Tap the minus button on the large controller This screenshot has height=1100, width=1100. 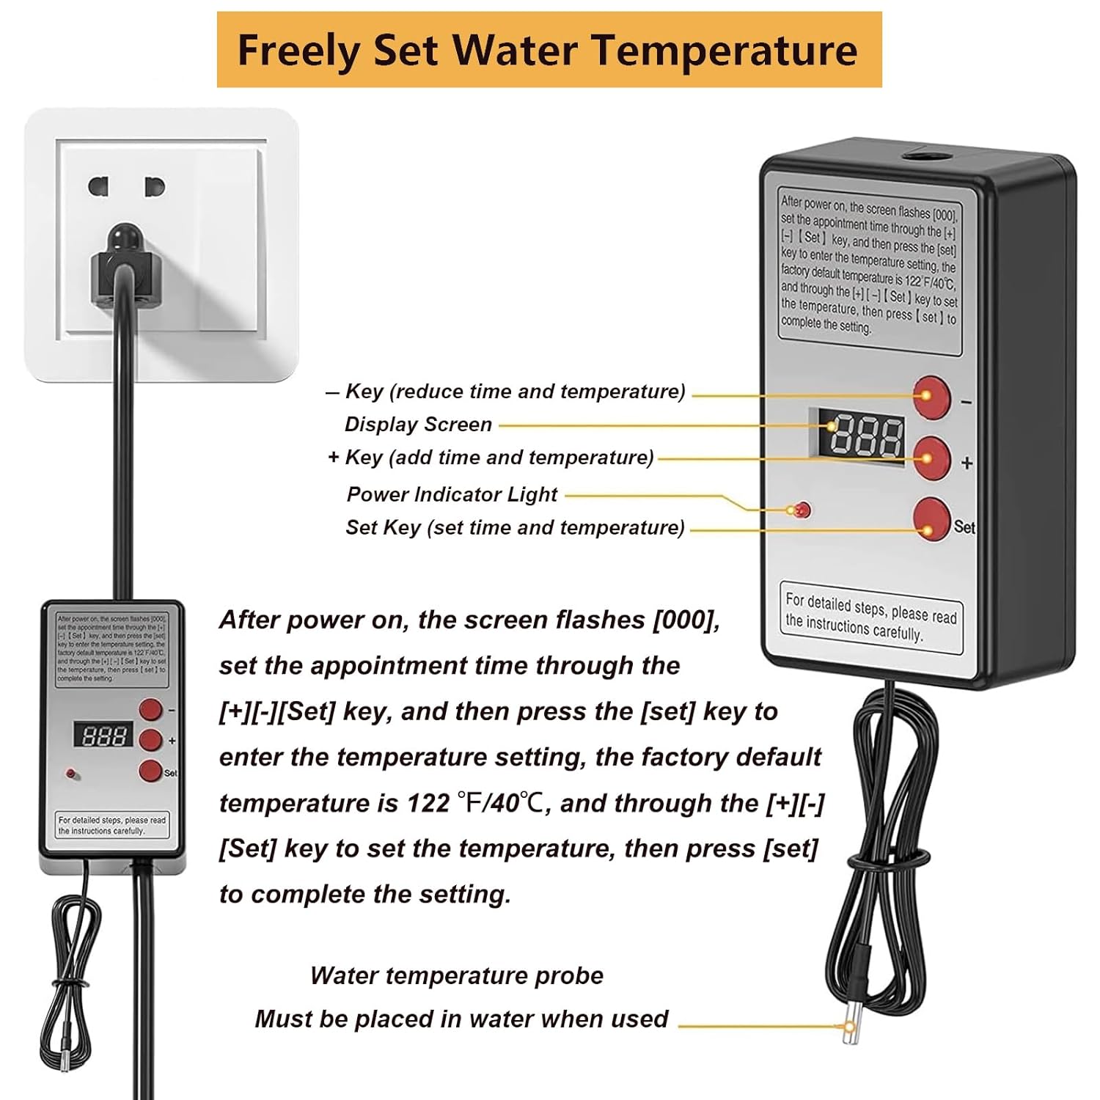(932, 398)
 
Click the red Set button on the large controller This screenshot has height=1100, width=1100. (932, 520)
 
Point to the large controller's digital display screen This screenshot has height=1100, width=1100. (866, 436)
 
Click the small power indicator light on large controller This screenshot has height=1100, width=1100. (802, 510)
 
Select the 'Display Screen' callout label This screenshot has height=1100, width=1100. (418, 425)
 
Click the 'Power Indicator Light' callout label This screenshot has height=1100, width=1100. (452, 494)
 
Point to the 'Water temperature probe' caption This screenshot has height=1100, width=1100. (456, 975)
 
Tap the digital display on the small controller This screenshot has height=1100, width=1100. (103, 735)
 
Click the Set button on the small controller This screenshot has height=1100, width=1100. (150, 771)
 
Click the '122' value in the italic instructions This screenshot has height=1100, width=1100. (428, 804)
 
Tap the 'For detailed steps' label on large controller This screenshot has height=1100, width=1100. (870, 616)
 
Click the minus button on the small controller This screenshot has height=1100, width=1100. (150, 709)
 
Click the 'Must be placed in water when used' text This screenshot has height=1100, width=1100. (461, 1019)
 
